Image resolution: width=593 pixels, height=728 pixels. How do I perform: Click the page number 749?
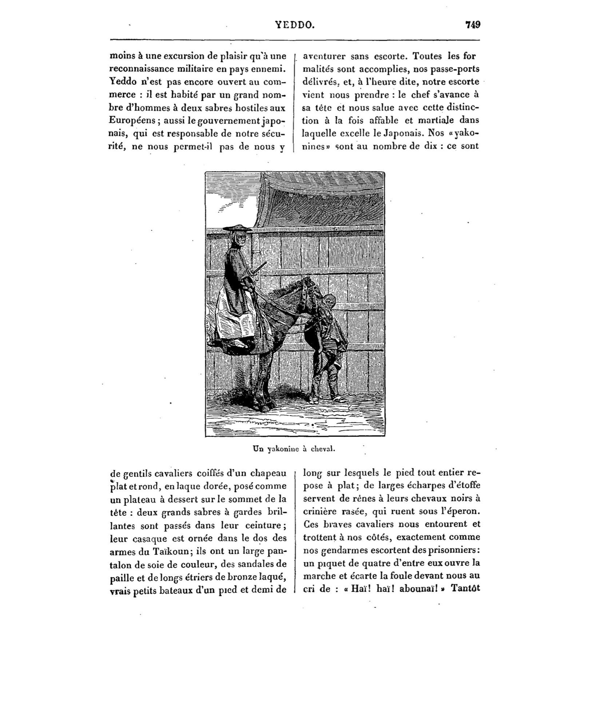(473, 25)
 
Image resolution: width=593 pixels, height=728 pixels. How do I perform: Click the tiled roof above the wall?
(320, 207)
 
